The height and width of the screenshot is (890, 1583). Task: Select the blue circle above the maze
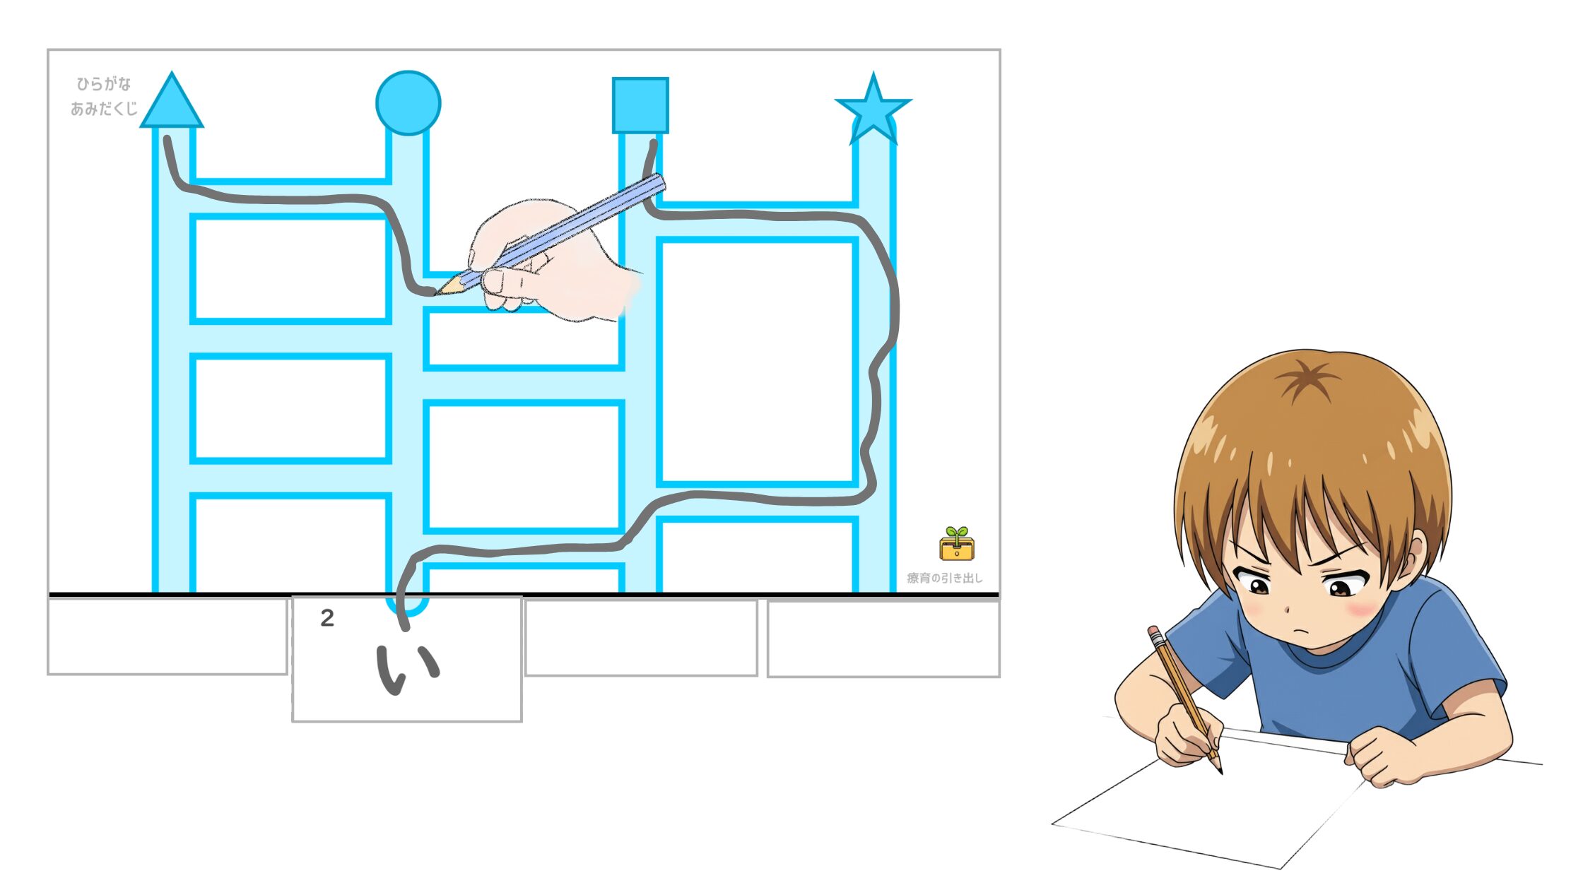point(408,102)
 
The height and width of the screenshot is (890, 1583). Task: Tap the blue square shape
point(640,105)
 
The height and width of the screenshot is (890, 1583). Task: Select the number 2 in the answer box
point(327,618)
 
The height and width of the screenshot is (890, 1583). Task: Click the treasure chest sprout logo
point(957,544)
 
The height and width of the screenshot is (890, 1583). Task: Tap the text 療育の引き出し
point(945,578)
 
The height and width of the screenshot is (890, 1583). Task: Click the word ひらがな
point(104,84)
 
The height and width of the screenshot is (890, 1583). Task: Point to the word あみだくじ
point(104,109)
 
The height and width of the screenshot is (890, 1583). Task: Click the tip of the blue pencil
point(435,292)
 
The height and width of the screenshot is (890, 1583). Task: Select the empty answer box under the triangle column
point(167,636)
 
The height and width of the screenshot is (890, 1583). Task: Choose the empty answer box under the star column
point(883,639)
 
